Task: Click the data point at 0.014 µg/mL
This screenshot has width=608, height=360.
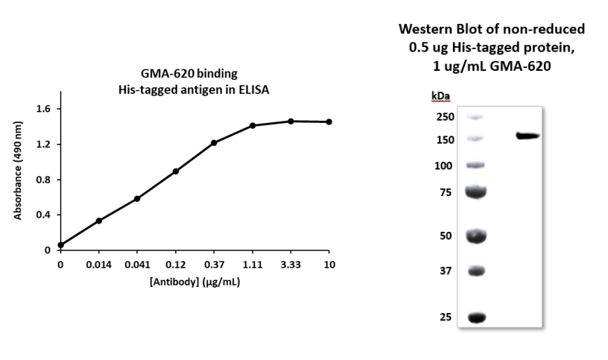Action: [x=99, y=221]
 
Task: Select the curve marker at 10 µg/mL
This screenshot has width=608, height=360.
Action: [x=329, y=121]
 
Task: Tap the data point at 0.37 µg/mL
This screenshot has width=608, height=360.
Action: [x=214, y=142]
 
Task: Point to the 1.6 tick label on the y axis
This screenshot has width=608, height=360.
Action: [x=42, y=109]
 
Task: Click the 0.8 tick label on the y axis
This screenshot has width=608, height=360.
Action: [x=42, y=180]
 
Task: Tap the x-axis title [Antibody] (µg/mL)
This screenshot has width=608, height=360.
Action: [x=195, y=283]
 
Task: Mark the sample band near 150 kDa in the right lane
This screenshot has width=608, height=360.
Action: [x=528, y=136]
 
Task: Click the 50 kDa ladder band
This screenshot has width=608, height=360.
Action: [x=476, y=236]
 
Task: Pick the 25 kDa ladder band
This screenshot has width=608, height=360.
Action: [x=476, y=318]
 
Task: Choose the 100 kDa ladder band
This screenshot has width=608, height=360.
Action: [x=476, y=164]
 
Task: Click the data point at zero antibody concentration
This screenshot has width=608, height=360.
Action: [x=60, y=244]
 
